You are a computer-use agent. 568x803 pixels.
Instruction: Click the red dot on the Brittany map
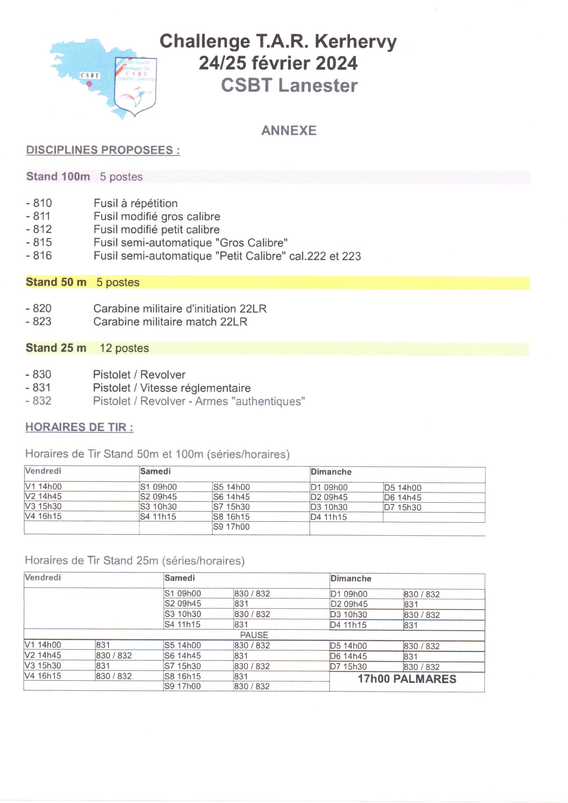[x=89, y=84]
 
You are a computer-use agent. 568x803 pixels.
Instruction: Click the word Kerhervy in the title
[x=356, y=41]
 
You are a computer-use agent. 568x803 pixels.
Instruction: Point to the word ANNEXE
[x=288, y=131]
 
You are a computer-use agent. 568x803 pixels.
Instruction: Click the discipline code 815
[x=42, y=242]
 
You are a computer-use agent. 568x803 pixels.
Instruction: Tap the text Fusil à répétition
[x=136, y=203]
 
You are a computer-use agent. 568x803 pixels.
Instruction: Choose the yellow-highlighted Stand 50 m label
[x=56, y=282]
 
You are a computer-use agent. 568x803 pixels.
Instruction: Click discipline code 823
[x=42, y=321]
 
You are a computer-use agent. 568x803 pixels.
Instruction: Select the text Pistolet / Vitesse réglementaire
[x=172, y=388]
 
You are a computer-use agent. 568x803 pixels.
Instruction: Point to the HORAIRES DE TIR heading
[x=79, y=427]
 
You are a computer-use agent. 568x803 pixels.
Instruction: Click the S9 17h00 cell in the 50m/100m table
[x=231, y=527]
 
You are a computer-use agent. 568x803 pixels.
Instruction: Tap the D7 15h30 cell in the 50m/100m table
[x=402, y=508]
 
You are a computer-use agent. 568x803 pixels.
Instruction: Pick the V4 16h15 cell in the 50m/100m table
[x=43, y=516]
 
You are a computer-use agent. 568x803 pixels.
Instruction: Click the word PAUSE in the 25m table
[x=254, y=635]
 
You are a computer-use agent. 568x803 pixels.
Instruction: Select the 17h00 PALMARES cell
[x=407, y=679]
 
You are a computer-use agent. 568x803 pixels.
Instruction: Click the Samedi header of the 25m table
[x=180, y=578]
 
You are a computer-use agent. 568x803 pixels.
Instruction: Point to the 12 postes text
[x=124, y=348]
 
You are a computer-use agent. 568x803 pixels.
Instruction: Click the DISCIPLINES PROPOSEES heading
[x=103, y=150]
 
